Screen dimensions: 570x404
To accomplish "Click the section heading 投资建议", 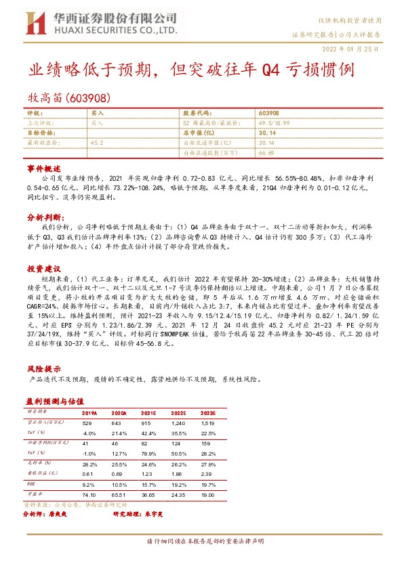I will tap(44, 269).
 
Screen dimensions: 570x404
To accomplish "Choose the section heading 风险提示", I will tap(44, 370).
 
